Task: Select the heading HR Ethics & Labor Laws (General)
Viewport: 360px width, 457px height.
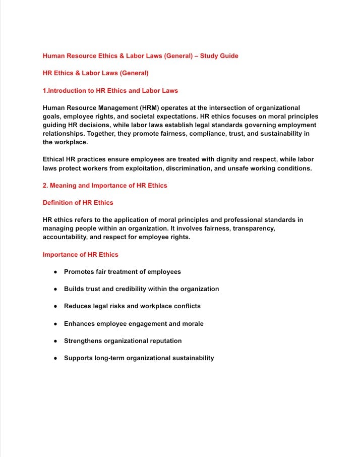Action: click(96, 73)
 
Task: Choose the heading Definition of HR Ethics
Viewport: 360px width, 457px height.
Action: click(78, 203)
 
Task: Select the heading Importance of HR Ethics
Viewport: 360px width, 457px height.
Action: click(81, 254)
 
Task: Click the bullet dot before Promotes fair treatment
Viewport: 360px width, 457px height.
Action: click(55, 272)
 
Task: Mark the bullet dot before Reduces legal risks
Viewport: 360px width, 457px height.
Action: click(55, 306)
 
